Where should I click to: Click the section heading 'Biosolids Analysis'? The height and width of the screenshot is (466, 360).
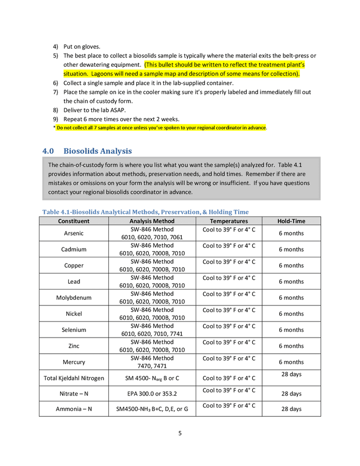click(x=97, y=151)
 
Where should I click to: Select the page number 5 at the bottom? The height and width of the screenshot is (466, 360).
click(x=180, y=433)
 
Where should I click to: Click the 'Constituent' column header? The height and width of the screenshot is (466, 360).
click(x=74, y=221)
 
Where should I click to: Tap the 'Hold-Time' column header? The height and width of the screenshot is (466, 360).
click(x=291, y=221)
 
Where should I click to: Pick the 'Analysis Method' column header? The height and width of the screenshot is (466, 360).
click(x=152, y=221)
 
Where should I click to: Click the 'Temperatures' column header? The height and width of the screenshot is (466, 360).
click(x=228, y=221)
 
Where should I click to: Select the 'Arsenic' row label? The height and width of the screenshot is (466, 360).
click(x=74, y=234)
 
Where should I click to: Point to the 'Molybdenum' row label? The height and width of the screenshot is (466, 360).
click(x=74, y=298)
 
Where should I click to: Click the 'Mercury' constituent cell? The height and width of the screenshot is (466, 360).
click(x=74, y=362)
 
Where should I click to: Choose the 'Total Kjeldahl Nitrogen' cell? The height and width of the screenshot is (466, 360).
click(x=74, y=378)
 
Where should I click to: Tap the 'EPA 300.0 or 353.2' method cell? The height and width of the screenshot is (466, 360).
click(x=152, y=394)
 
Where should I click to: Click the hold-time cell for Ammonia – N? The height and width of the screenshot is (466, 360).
click(x=291, y=409)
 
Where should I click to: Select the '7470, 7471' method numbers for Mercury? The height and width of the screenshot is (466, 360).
click(x=152, y=366)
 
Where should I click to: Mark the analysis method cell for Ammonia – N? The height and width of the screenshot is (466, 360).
click(x=152, y=409)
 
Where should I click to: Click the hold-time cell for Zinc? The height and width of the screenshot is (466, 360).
click(x=291, y=346)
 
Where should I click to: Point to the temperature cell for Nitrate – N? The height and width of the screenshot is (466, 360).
click(x=228, y=390)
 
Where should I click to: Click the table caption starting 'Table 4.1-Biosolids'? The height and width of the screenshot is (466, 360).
click(x=146, y=212)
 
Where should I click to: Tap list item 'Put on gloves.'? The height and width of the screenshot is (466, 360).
click(x=82, y=46)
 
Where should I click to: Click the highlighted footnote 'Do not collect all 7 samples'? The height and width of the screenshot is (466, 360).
click(x=161, y=127)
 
